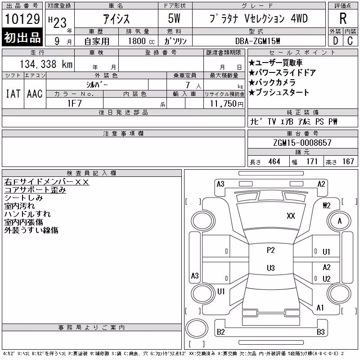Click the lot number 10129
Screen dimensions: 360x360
pos(22,18)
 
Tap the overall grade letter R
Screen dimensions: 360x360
pos(343,18)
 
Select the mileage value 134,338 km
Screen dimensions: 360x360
pos(46,64)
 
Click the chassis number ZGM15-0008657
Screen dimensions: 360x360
pos(302,143)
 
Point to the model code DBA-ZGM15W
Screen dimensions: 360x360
pos(257,41)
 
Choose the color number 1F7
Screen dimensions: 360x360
pos(74,103)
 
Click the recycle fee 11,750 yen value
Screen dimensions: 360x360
pos(226,104)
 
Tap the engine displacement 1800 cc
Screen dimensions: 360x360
pos(141,41)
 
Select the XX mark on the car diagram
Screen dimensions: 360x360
pos(291,216)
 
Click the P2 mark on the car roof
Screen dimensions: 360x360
pos(271,250)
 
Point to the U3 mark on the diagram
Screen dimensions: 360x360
pos(271,268)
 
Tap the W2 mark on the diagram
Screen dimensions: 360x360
pos(327,205)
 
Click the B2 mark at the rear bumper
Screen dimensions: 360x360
pos(220,332)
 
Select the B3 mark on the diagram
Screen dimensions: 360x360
pos(320,332)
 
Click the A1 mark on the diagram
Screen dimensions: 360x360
pos(320,307)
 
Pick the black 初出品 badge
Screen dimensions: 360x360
pos(22,37)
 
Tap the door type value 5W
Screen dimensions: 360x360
pos(174,18)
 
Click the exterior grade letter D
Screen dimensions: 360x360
pos(335,41)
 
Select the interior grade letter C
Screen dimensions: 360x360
pos(350,41)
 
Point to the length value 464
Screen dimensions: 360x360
pos(274,162)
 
